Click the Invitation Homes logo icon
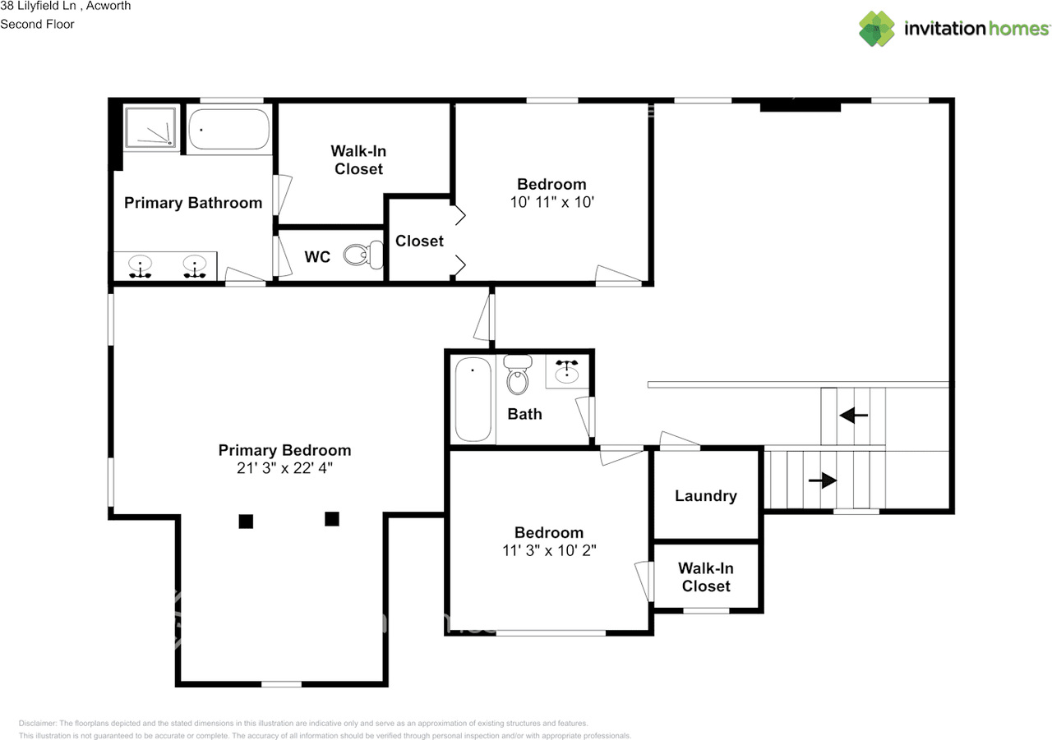tap(877, 29)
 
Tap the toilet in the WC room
tap(362, 255)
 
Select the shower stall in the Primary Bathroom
tap(150, 127)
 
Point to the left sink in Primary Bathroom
tap(141, 265)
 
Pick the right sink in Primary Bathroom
tap(195, 265)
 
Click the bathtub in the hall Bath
tap(473, 400)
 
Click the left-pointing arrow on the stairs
tap(853, 416)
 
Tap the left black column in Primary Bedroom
tap(246, 521)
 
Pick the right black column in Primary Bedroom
tap(332, 518)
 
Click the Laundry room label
tap(705, 496)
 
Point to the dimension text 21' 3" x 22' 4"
tap(284, 469)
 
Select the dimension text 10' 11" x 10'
tap(551, 202)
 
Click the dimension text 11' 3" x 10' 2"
tap(549, 551)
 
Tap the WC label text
tap(317, 257)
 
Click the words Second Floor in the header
tap(37, 24)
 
